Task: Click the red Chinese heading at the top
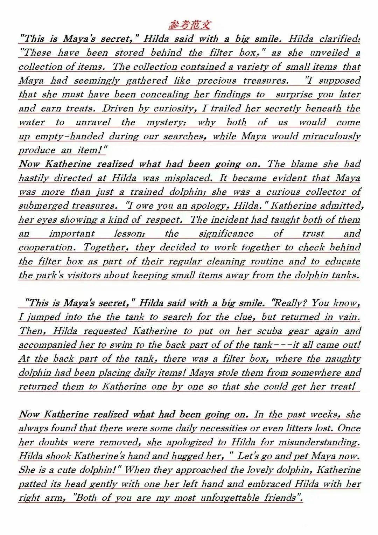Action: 189,25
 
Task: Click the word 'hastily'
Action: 34,178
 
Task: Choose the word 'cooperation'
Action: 47,248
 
